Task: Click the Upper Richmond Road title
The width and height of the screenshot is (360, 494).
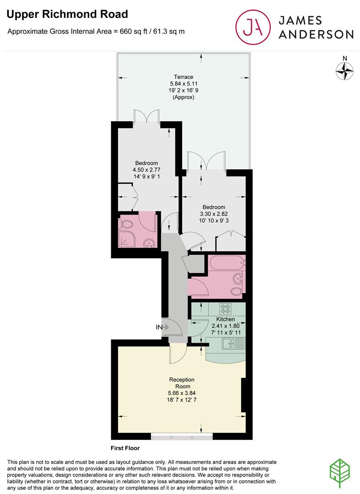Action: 67,15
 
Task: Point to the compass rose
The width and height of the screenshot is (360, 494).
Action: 345,70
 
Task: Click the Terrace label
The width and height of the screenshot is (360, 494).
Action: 183,77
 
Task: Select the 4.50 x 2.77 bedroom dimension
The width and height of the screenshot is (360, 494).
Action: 146,170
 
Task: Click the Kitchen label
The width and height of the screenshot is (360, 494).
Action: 226,319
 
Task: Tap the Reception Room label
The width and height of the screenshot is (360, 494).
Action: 182,383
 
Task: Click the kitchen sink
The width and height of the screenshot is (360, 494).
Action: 233,344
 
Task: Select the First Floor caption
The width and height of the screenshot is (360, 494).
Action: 125,448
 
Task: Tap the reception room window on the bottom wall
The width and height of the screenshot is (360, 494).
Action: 182,436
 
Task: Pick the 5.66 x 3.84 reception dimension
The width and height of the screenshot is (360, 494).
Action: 182,393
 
